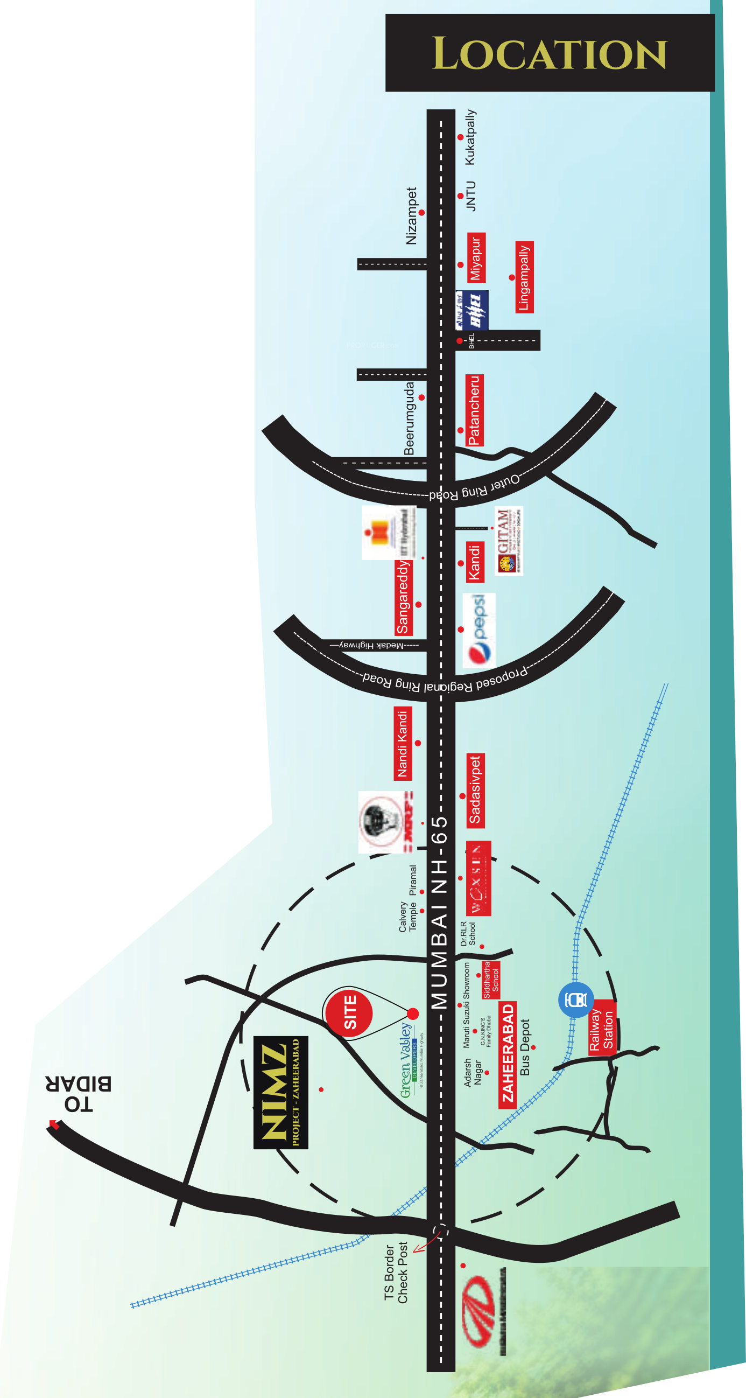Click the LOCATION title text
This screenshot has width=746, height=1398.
[x=549, y=54]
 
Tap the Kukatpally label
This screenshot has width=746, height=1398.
[x=470, y=137]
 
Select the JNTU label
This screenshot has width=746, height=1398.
[x=470, y=196]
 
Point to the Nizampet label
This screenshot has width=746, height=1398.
[x=411, y=216]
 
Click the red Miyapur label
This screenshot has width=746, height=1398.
[x=476, y=258]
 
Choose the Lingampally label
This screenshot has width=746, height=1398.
[x=524, y=277]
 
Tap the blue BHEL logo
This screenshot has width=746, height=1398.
[x=472, y=310]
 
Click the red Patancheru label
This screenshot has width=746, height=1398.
[x=474, y=410]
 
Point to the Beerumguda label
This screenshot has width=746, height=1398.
[x=409, y=418]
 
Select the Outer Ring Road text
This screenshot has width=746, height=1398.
[x=474, y=488]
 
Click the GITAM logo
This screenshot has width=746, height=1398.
[x=508, y=541]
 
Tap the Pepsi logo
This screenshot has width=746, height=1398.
[x=478, y=630]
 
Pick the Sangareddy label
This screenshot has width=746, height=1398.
[x=403, y=597]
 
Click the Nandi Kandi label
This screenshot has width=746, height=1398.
[x=402, y=744]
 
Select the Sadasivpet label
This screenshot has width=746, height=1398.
[x=475, y=790]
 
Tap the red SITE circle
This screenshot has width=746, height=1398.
[x=349, y=1012]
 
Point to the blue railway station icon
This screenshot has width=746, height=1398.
[x=575, y=999]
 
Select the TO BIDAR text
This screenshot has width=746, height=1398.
[x=79, y=1094]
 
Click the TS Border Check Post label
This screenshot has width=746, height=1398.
[x=396, y=1272]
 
